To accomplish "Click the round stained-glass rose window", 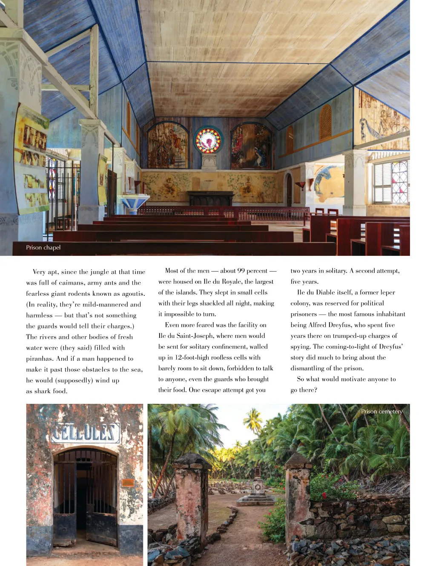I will (208, 140).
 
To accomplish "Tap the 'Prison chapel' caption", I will (43, 248).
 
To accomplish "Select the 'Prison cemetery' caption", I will (381, 412).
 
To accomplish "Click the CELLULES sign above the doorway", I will (85, 432).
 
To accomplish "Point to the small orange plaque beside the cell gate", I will (128, 483).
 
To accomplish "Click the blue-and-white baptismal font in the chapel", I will (134, 202).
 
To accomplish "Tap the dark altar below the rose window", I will (211, 198).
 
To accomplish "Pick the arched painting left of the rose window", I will (168, 146).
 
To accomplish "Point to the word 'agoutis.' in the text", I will (132, 294).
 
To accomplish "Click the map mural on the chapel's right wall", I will (329, 184).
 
